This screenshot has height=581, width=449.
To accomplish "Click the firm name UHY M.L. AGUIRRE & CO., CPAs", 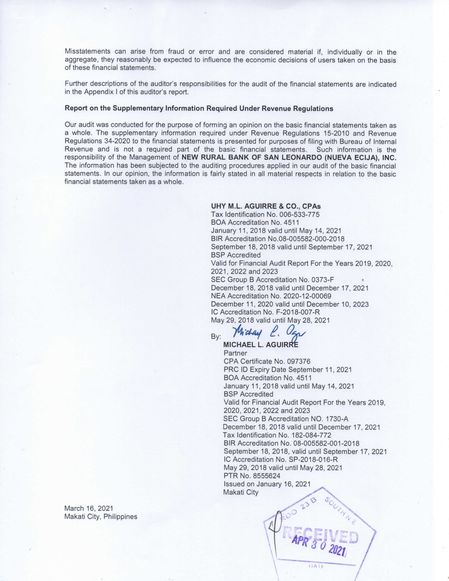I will coord(266,206).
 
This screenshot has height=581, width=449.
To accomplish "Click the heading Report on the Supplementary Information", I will coord(199,108).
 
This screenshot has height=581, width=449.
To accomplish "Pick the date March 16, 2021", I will coord(88,508).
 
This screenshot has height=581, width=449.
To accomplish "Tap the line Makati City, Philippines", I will coord(101,517).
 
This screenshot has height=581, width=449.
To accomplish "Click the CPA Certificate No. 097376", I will coord(267,361).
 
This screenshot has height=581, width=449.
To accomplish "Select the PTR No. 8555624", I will coord(252,476).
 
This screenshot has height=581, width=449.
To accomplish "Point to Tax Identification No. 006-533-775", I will coord(265,214).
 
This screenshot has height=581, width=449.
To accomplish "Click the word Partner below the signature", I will coord(235,353).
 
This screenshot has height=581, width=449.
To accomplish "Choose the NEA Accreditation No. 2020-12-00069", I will coord(271,296).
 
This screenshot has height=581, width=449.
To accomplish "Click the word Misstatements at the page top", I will coord(88,52).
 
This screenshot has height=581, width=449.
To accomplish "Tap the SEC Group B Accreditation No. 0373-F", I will coord(272,280).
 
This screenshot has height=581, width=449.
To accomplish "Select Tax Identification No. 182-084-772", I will coord(277,435).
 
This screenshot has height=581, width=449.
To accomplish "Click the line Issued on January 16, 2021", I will coord(267,484).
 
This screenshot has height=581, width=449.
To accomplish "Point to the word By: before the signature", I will coord(216,337).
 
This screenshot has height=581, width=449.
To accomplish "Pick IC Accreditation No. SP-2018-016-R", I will coord(281,460).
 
